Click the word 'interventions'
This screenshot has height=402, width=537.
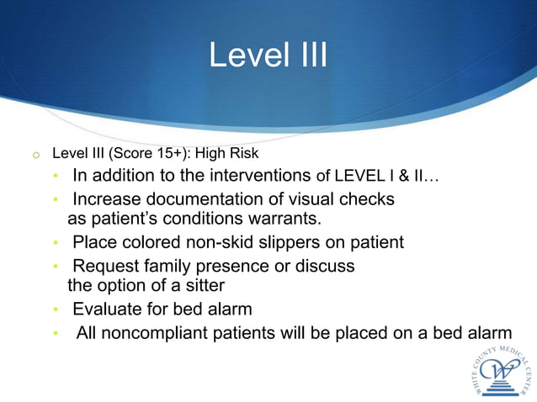(x=260, y=176)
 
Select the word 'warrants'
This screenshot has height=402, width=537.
(x=285, y=220)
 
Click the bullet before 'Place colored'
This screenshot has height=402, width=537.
(x=56, y=244)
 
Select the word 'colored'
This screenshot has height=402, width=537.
(x=150, y=243)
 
